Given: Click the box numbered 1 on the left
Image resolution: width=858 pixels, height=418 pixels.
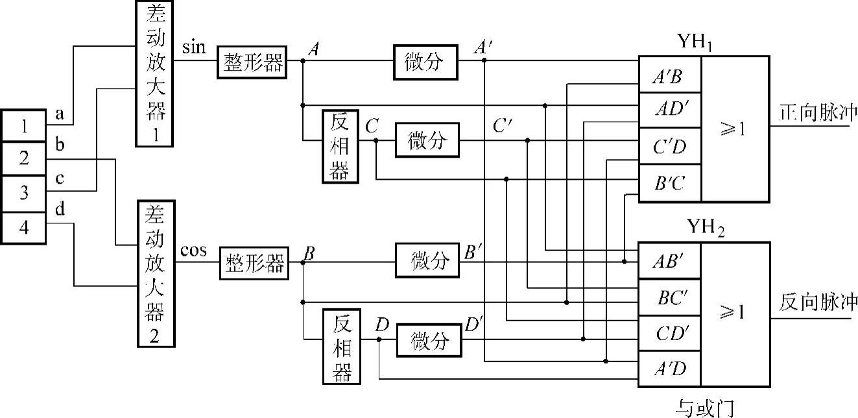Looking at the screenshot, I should (x=23, y=126).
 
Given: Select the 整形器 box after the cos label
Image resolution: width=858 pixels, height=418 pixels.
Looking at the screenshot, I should (x=254, y=263).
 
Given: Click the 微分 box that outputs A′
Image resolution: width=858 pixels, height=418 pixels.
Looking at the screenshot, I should (x=425, y=62).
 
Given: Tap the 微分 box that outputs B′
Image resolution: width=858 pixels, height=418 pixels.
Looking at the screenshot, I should (x=429, y=262).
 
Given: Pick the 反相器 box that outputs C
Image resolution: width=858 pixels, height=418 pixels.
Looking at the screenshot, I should (x=340, y=146).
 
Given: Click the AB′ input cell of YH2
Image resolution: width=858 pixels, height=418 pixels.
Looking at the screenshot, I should (x=669, y=262).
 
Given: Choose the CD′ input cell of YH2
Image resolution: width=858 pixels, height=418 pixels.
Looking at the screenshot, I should (x=669, y=334).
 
